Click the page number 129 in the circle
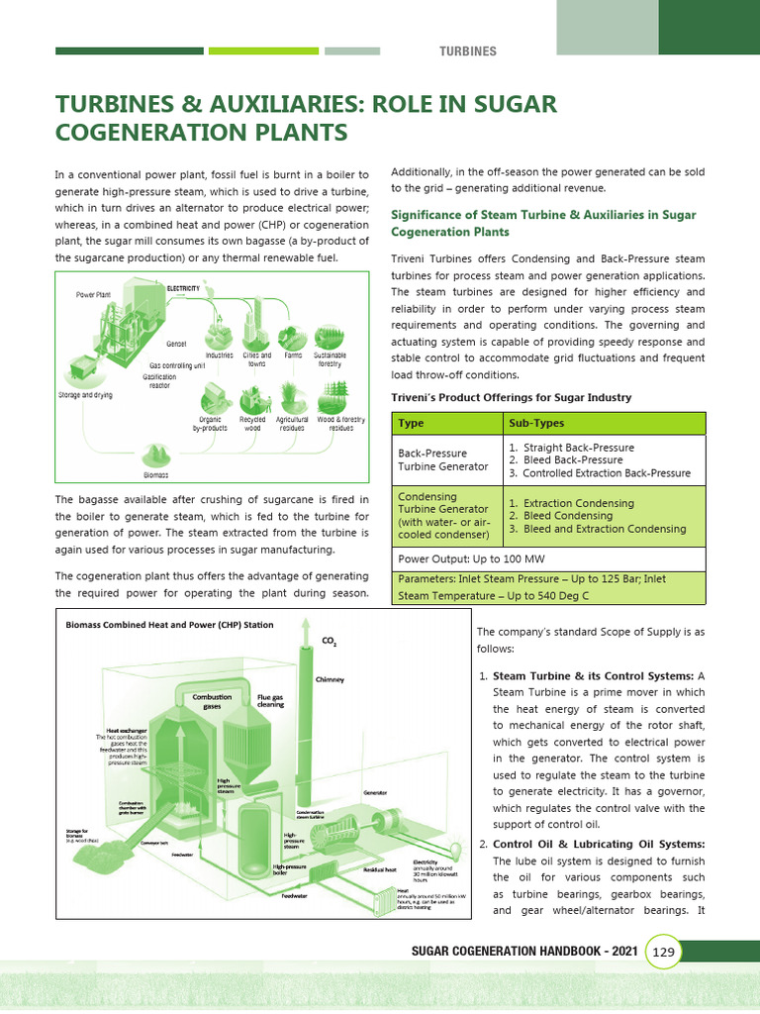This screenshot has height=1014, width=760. tap(663, 953)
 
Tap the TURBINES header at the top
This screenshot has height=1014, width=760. tap(468, 51)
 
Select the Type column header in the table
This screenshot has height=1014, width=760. tap(411, 423)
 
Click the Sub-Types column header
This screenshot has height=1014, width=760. tap(536, 423)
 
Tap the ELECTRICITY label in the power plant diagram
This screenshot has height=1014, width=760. tap(183, 288)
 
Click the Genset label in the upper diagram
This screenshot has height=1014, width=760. tap(176, 344)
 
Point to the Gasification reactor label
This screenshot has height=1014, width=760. tap(159, 381)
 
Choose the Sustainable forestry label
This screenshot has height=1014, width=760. tap(330, 358)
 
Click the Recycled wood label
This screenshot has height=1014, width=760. tap(253, 424)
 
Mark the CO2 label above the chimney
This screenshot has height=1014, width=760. tap(330, 642)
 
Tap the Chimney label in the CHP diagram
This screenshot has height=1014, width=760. tap(330, 680)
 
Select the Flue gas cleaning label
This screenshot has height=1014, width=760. tap(270, 701)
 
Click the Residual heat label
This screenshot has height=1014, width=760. tap(380, 869)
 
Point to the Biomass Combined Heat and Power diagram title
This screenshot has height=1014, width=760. tap(168, 625)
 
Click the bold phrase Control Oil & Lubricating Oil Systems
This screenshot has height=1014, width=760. tap(599, 844)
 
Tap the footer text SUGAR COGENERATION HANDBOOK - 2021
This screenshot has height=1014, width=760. tap(524, 952)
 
